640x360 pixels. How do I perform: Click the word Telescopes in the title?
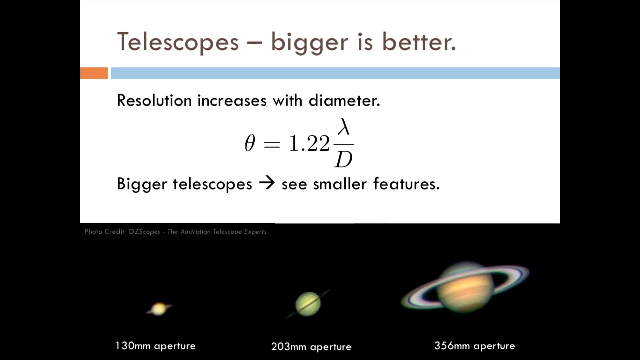coord(178,42)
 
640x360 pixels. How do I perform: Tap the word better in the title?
coord(418,42)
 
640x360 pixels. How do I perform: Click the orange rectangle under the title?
coord(94,73)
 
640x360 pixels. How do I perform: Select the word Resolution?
coord(154,100)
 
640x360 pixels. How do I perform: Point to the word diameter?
coord(344,100)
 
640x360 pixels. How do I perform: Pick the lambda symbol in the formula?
coord(344,127)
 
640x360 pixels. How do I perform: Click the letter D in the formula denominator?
coord(344,159)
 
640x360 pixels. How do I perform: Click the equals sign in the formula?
coord(272,144)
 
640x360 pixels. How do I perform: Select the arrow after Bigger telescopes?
coord(267,183)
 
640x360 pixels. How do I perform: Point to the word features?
coord(406,184)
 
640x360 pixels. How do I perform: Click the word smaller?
coord(340,184)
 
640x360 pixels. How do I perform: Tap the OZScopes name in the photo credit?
coord(144,232)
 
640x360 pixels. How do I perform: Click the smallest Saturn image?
coord(159,309)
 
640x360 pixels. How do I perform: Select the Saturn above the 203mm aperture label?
coord(308,304)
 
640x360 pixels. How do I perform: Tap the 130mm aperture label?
coord(156,346)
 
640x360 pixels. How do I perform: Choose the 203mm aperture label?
coord(311,347)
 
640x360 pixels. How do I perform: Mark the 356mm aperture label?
coord(475,346)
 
